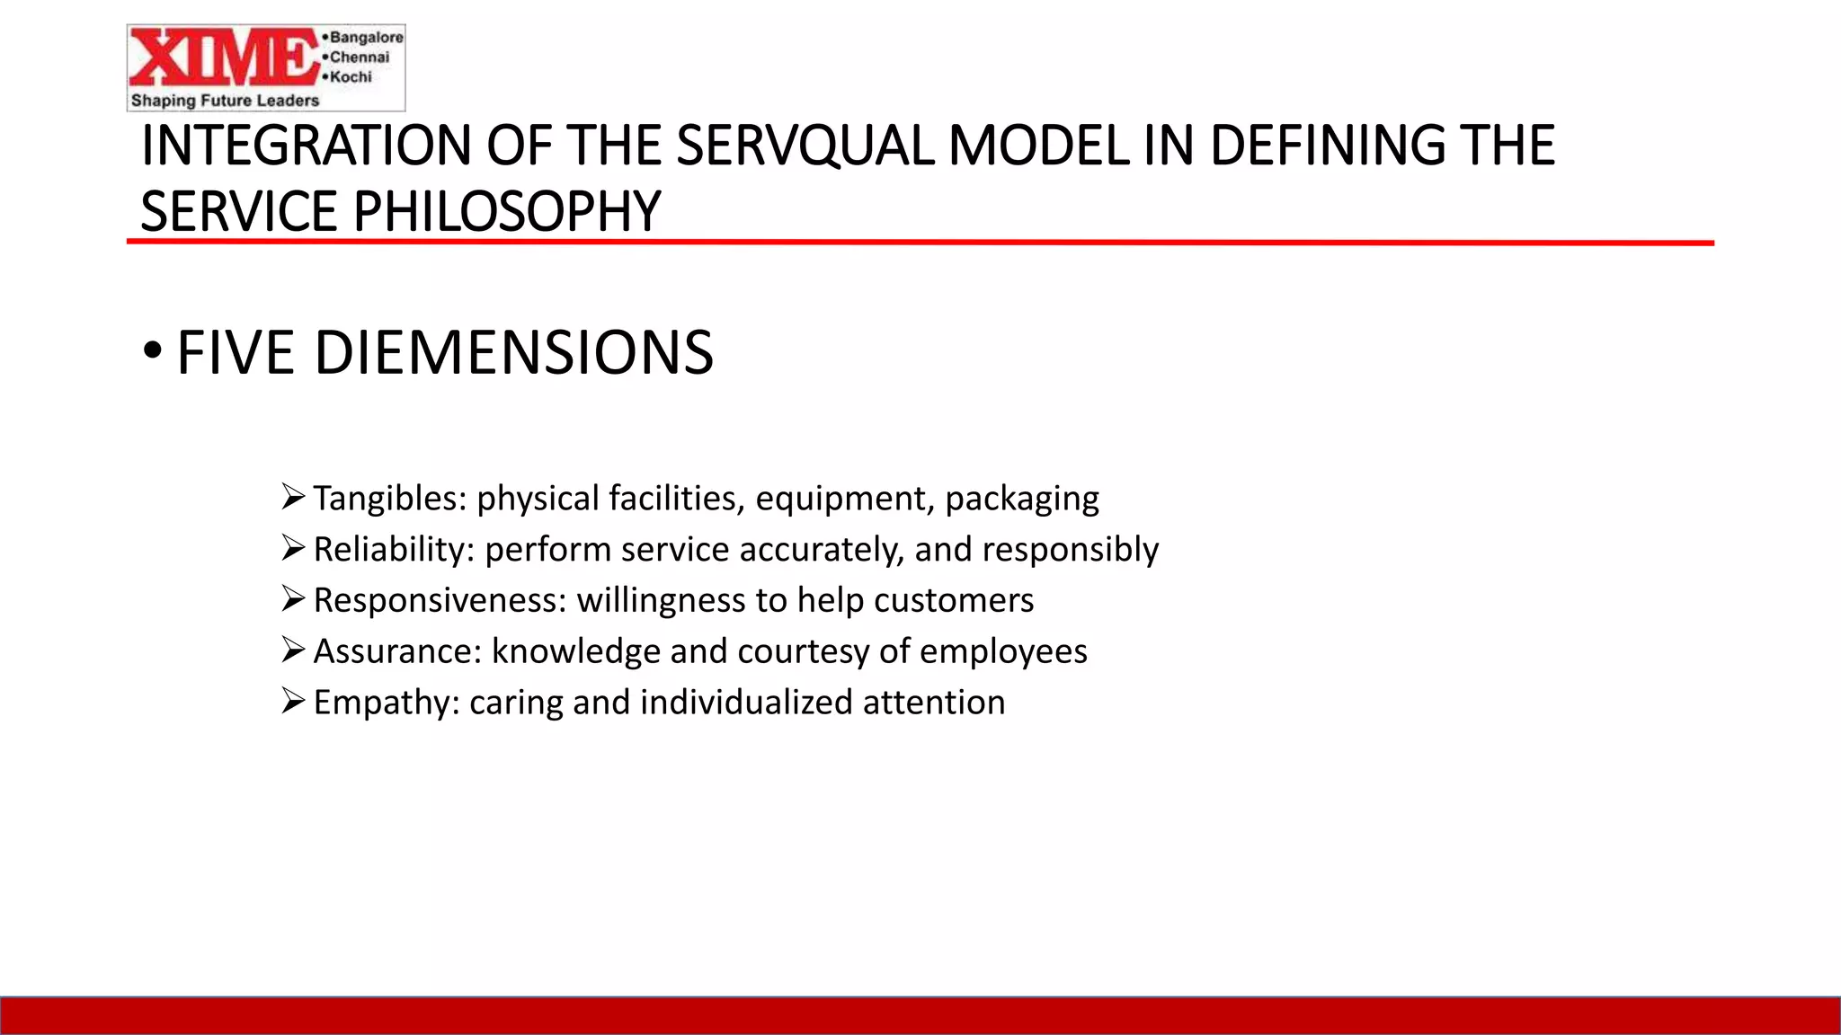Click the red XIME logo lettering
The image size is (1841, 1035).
(225, 58)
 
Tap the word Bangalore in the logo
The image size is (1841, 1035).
(366, 37)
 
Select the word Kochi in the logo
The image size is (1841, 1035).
(351, 77)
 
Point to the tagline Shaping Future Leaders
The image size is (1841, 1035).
(225, 101)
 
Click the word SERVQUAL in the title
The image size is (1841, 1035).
(805, 146)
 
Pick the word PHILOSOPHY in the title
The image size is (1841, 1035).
(507, 212)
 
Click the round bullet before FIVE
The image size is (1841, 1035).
(152, 350)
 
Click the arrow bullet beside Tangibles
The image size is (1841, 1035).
(293, 496)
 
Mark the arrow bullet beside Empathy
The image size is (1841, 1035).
(293, 700)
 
